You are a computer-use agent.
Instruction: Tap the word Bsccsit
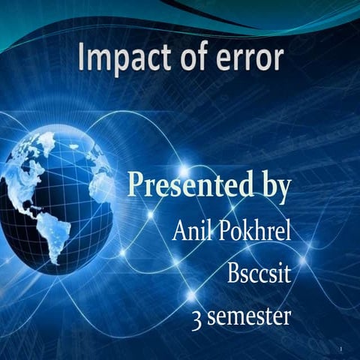point(259,273)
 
